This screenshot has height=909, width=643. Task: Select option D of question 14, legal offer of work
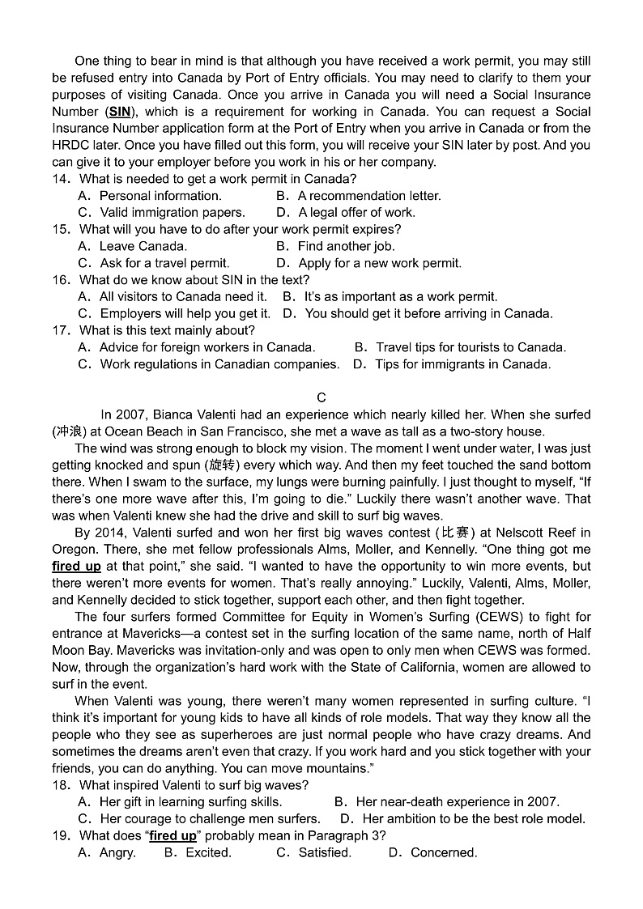coord(356,212)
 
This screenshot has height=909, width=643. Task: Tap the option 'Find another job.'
coord(346,246)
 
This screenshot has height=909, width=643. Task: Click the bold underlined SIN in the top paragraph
coord(119,112)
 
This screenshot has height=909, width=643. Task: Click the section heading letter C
coord(321,397)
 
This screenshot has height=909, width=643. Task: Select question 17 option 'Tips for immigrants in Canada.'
coord(462,364)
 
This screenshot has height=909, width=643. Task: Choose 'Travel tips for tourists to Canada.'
coord(471,347)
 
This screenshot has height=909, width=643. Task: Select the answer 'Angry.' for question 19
coord(117,852)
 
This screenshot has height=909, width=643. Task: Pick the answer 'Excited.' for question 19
coord(208,852)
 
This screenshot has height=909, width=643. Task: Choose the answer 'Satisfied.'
coord(325,852)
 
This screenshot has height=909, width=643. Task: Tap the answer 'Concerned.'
coord(444,852)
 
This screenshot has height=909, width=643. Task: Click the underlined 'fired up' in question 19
coord(172,835)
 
